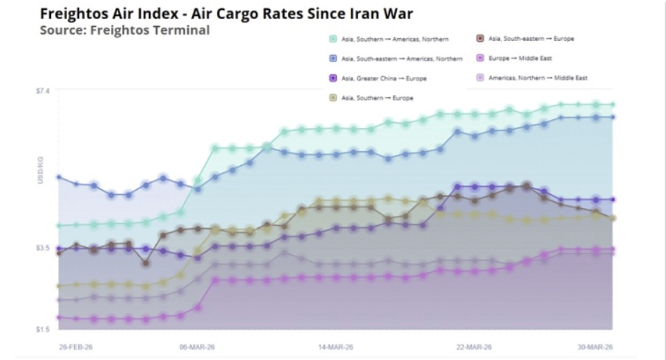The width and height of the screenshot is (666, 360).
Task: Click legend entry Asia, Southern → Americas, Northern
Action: [394, 40]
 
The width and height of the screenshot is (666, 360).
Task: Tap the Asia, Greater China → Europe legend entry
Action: [383, 78]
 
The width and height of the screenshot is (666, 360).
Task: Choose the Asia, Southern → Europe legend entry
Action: [377, 97]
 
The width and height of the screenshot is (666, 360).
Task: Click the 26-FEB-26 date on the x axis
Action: [76, 347]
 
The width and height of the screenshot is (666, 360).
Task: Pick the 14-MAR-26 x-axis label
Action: [336, 347]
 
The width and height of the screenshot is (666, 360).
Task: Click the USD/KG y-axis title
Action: [40, 174]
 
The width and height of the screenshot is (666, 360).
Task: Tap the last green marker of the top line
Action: [612, 104]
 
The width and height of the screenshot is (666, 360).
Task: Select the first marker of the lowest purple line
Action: [59, 318]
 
